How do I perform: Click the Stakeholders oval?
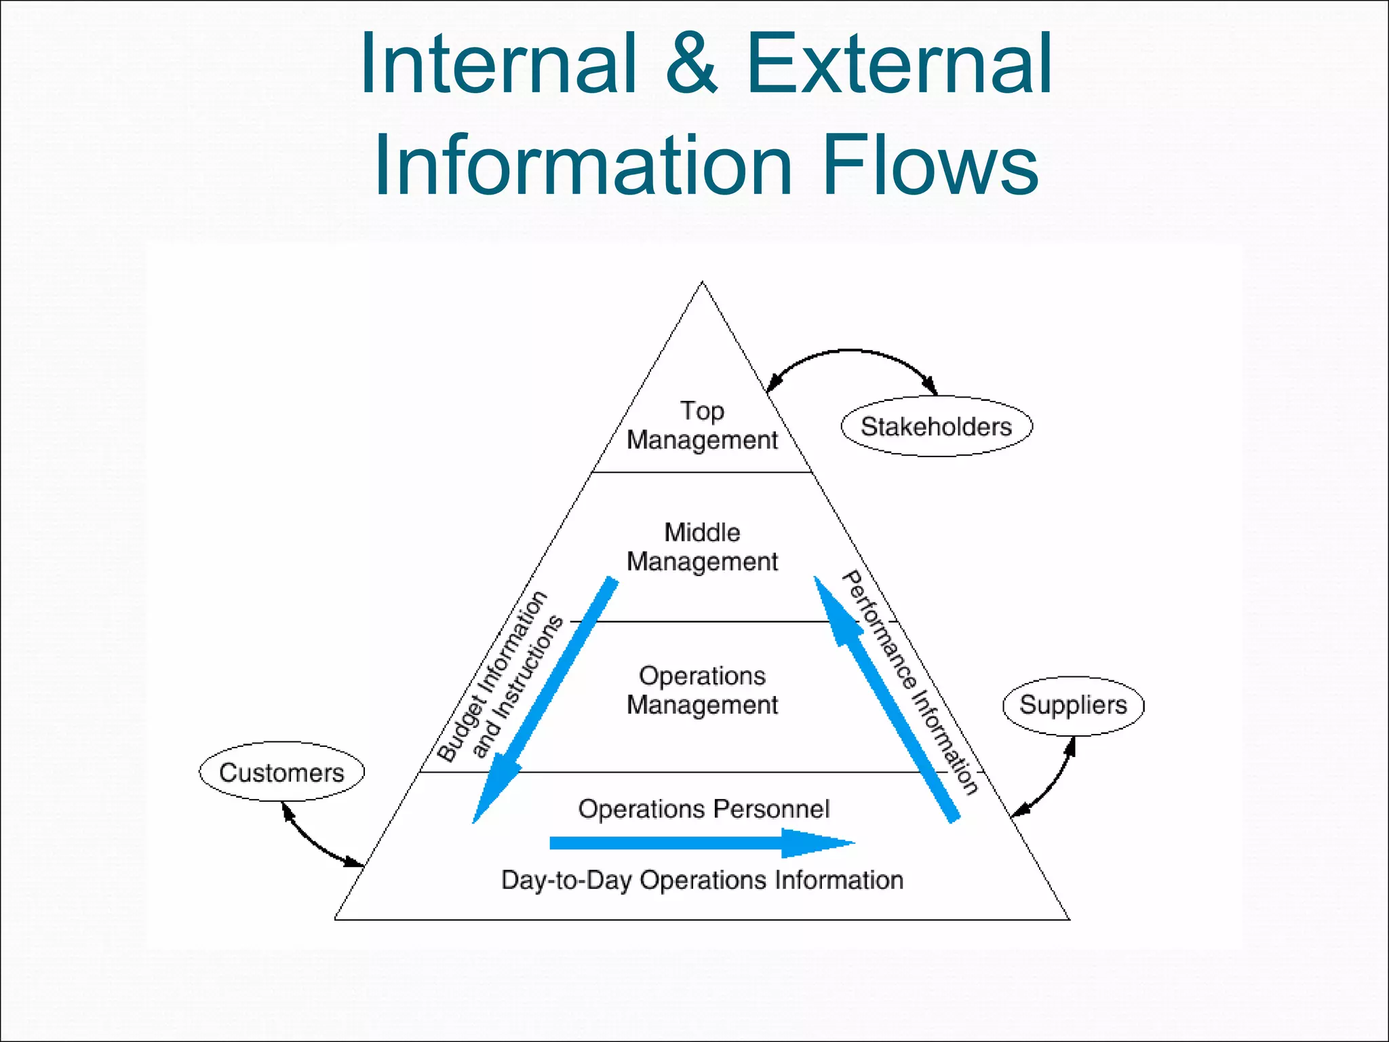936,427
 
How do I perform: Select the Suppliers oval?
1073,706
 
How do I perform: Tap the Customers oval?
281,772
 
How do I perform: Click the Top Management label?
702,425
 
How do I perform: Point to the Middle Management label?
702,547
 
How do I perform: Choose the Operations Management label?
702,690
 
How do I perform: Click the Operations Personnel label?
703,809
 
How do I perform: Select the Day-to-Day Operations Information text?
702,880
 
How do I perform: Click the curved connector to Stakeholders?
851,351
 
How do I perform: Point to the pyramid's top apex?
702,283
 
